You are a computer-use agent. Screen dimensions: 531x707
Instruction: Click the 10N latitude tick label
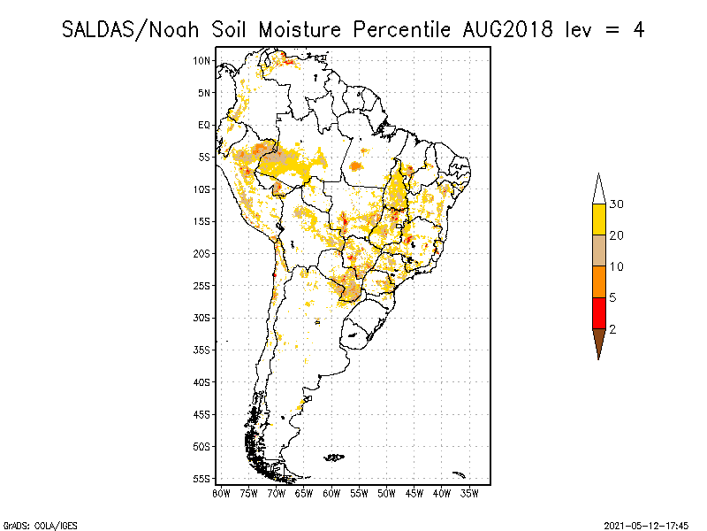click(202, 60)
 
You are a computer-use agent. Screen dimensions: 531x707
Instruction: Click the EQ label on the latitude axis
click(204, 125)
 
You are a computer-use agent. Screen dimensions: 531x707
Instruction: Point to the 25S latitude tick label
click(202, 285)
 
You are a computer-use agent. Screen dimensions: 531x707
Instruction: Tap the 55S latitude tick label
click(202, 478)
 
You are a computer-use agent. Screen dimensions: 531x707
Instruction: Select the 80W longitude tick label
click(222, 493)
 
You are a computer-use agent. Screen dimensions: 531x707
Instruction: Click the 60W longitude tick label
click(332, 493)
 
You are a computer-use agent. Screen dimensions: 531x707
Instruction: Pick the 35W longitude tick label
click(470, 493)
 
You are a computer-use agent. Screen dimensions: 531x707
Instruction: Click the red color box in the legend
click(598, 312)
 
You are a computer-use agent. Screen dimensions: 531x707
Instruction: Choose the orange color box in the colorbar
click(598, 281)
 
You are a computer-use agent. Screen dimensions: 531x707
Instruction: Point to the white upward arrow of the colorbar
click(598, 189)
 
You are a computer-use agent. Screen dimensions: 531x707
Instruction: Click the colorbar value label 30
click(617, 204)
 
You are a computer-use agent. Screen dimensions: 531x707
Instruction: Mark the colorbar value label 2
click(612, 328)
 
